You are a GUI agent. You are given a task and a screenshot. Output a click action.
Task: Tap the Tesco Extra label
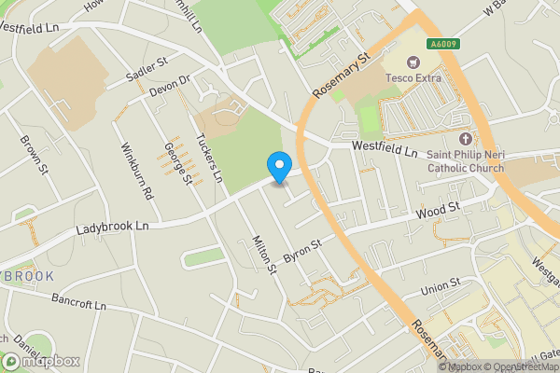pyautogui.click(x=415, y=77)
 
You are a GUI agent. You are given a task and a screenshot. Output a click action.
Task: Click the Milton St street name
pyautogui.click(x=265, y=255)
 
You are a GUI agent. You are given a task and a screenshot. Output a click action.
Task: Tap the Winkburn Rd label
pyautogui.click(x=136, y=171)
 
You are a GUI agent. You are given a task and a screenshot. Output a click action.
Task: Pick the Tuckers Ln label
pyautogui.click(x=210, y=157)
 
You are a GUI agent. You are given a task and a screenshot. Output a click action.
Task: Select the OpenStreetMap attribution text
pyautogui.click(x=522, y=366)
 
